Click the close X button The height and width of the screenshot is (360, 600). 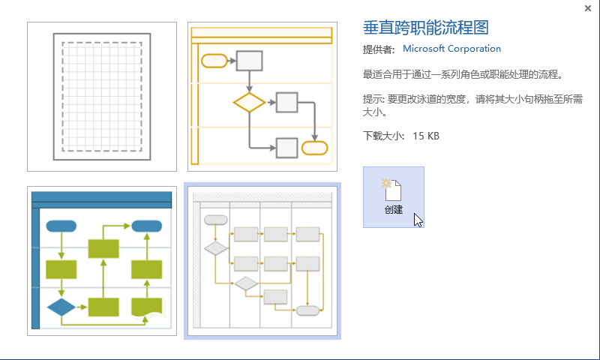588,8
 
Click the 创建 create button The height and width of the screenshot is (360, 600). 393,197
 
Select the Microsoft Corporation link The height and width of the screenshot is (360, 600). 451,49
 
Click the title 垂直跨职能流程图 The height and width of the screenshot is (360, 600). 425,28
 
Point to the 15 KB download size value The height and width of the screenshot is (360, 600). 426,136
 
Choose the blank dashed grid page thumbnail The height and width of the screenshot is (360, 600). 102,97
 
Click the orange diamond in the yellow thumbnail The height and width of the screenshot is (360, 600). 249,102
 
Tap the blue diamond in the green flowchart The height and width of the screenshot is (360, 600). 61,307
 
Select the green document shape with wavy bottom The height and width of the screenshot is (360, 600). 146,307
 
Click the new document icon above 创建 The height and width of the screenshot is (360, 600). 391,189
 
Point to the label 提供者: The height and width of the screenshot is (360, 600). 379,49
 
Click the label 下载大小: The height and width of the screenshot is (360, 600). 383,136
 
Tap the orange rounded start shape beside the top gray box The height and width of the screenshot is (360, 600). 214,61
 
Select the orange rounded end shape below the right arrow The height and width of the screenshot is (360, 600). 314,148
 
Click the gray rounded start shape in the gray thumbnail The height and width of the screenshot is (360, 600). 216,220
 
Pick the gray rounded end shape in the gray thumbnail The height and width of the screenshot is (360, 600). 307,310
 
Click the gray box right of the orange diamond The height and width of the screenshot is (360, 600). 286,102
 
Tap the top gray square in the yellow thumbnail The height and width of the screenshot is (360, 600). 249,61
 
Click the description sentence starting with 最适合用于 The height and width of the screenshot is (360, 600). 463,74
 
